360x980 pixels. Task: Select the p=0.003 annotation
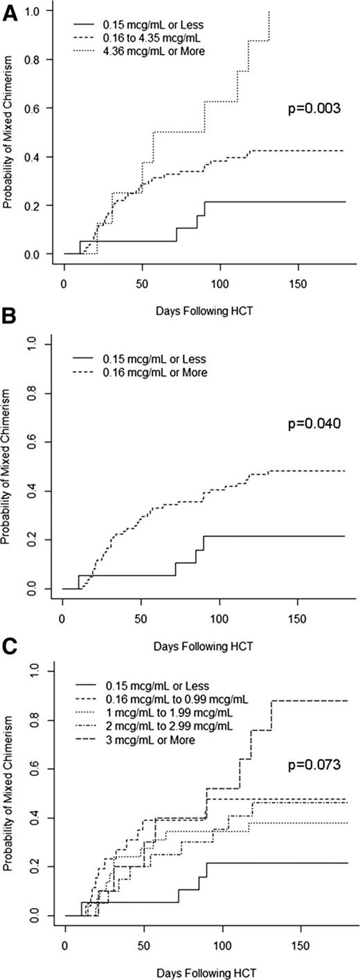tap(314, 109)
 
